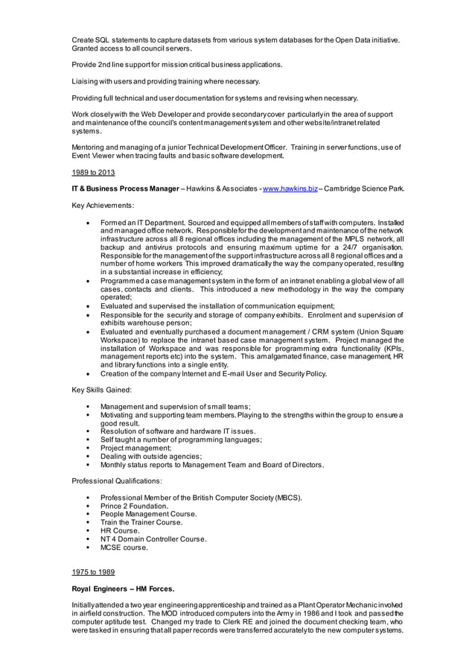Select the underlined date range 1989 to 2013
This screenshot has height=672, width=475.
tap(93, 173)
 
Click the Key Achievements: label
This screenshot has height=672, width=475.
tap(103, 204)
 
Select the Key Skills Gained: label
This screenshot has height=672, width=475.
tap(101, 390)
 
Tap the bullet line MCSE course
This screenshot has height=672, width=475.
tap(124, 548)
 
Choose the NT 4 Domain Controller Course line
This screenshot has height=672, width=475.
tap(153, 539)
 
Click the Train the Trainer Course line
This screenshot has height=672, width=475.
tap(141, 522)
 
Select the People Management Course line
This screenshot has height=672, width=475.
tap(148, 514)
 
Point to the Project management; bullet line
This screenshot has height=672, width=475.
tap(136, 448)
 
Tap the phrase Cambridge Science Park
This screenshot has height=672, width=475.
tap(364, 188)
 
